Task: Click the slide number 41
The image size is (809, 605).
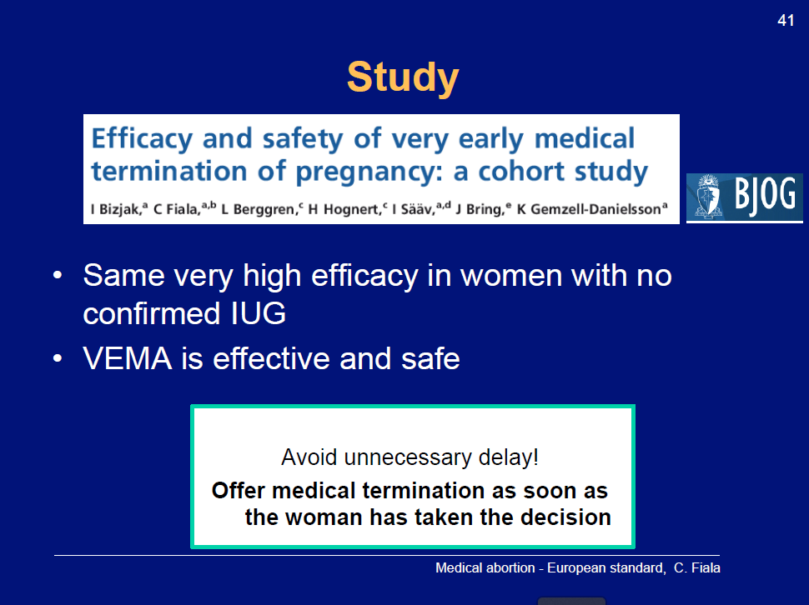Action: click(x=786, y=20)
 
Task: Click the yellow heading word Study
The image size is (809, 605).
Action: click(x=403, y=78)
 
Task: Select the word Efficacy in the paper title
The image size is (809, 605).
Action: click(x=142, y=140)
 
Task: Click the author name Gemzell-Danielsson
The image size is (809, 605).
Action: click(x=595, y=208)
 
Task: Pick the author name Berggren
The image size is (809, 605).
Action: click(x=263, y=209)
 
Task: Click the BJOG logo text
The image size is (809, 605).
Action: click(x=765, y=194)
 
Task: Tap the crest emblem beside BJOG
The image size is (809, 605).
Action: click(x=707, y=197)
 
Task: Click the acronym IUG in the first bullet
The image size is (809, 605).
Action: click(x=258, y=312)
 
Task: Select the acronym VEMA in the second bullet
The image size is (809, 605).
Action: click(x=128, y=358)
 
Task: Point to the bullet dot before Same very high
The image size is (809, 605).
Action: click(x=58, y=275)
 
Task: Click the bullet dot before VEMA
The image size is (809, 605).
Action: click(x=58, y=357)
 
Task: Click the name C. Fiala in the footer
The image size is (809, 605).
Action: click(x=696, y=567)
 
